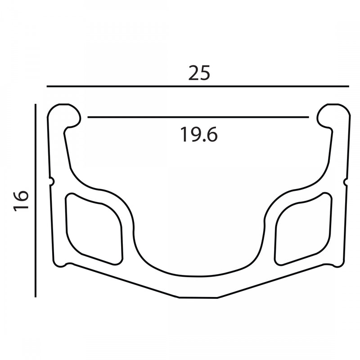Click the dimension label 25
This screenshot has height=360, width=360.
pyautogui.click(x=199, y=73)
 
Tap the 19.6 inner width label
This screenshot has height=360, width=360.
pyautogui.click(x=199, y=135)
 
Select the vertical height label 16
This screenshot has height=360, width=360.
pyautogui.click(x=21, y=201)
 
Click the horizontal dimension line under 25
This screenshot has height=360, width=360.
pyautogui.click(x=198, y=86)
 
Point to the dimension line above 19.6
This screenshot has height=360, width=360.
pyautogui.click(x=198, y=117)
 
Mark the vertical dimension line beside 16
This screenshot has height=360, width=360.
pyautogui.click(x=36, y=200)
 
